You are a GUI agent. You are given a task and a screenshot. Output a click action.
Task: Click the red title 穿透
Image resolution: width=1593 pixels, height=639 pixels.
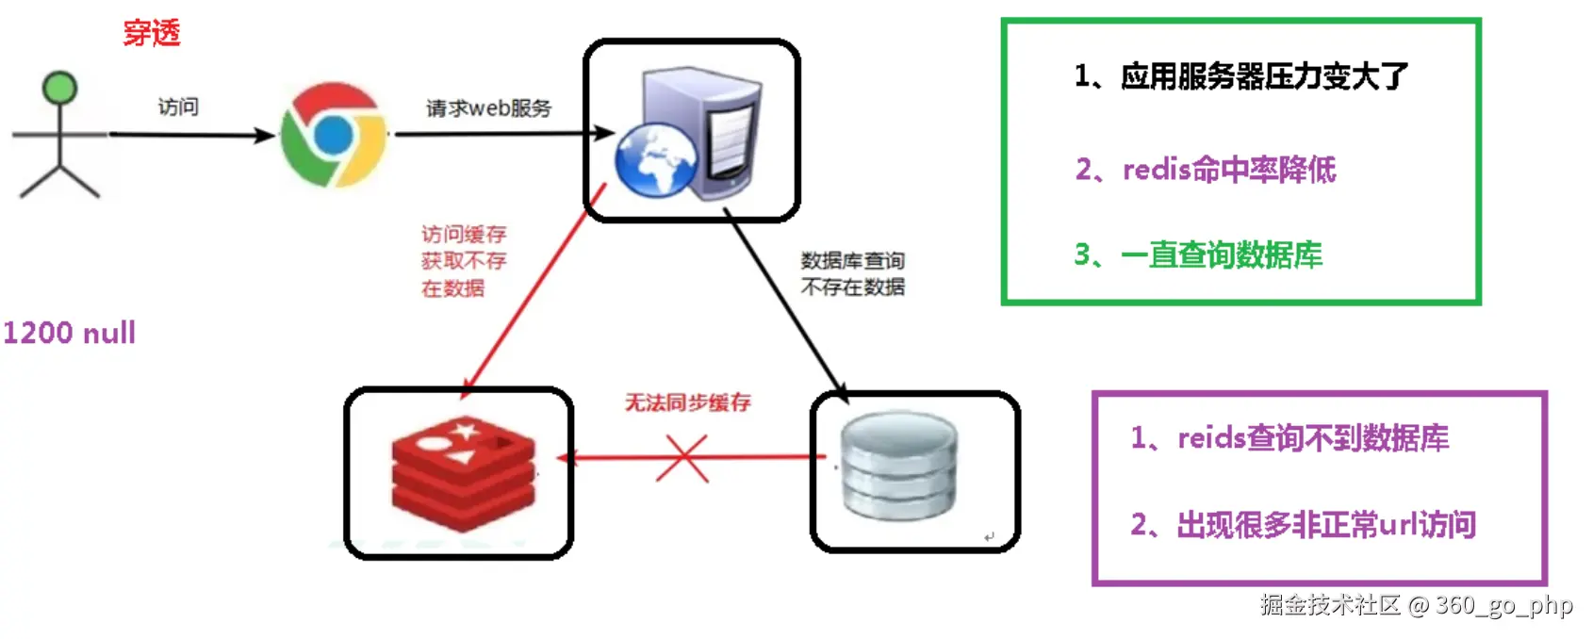(x=152, y=33)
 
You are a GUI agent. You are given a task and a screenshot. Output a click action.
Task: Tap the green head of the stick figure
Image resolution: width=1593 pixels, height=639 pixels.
(x=60, y=88)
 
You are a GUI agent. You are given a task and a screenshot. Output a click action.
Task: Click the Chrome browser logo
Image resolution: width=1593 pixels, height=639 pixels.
(x=334, y=135)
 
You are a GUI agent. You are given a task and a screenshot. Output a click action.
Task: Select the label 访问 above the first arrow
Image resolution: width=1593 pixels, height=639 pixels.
(x=178, y=106)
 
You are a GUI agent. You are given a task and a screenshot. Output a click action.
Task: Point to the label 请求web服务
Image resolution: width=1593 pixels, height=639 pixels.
(x=488, y=108)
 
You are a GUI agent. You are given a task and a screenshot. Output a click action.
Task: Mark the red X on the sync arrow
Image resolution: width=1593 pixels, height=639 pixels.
(x=682, y=458)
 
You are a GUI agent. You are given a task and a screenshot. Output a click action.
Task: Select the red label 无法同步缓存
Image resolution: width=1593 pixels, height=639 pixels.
(x=688, y=402)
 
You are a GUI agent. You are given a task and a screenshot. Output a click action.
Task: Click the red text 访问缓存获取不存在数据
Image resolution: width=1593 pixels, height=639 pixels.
(x=464, y=261)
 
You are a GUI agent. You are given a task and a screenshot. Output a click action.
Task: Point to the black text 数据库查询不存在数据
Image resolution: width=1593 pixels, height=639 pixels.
(x=852, y=273)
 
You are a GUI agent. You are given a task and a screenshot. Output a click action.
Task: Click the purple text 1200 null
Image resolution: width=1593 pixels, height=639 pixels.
(x=70, y=333)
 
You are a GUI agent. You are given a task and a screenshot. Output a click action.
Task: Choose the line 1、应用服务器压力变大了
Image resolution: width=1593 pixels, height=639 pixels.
(x=1240, y=76)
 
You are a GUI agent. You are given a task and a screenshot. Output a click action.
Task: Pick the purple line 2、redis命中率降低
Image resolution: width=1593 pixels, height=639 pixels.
(x=1206, y=170)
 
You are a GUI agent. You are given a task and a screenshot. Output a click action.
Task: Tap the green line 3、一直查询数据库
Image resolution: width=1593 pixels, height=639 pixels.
(x=1198, y=254)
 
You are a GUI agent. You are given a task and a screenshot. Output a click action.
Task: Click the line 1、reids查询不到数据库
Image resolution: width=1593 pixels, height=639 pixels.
(x=1289, y=438)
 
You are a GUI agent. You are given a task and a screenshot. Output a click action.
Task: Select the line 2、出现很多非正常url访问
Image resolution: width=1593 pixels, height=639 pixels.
(x=1303, y=525)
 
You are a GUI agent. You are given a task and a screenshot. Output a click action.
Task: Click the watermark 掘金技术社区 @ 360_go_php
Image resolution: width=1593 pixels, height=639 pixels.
(x=1416, y=605)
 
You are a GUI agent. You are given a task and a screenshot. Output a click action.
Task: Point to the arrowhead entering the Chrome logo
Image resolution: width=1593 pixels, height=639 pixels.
(x=267, y=135)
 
